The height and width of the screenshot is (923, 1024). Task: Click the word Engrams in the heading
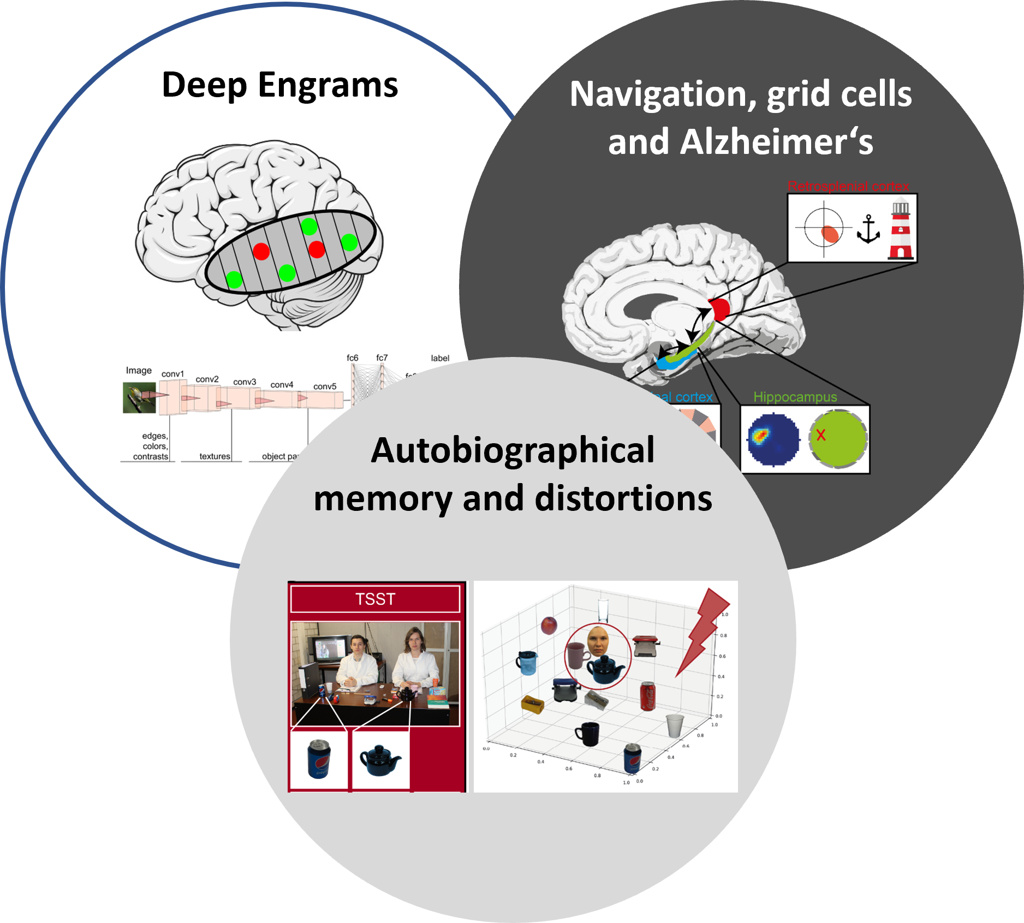(328, 86)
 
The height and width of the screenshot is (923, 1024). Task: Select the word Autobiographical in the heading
(513, 451)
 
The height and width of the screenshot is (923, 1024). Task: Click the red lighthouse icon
(900, 230)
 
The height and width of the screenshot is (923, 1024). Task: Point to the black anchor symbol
(868, 229)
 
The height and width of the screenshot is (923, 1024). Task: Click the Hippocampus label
(795, 397)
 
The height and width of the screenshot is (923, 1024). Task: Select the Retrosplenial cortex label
(848, 186)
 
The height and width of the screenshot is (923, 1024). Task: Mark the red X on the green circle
(820, 436)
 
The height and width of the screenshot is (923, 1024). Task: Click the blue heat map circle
(773, 439)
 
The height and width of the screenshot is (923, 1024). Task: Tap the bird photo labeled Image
(139, 397)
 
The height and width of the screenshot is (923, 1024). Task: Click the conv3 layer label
(245, 382)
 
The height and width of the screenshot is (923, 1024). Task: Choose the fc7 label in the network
(382, 358)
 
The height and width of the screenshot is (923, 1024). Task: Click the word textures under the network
(215, 456)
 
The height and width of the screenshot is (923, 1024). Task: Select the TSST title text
(375, 599)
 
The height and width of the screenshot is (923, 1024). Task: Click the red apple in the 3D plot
(549, 625)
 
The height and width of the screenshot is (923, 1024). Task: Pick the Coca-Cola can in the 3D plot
(647, 696)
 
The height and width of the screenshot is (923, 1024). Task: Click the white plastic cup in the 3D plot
(675, 725)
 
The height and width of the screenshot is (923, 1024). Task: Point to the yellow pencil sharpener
(532, 704)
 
